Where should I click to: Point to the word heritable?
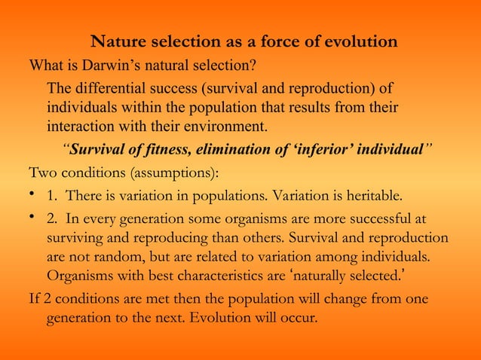(x=374, y=197)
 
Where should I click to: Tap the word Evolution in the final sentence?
(x=234, y=317)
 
